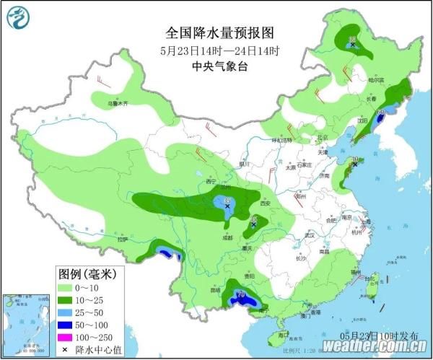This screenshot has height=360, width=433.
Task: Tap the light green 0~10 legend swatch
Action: pyautogui.click(x=70, y=287)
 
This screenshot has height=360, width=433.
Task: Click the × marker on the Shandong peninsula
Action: pyautogui.click(x=355, y=165)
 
